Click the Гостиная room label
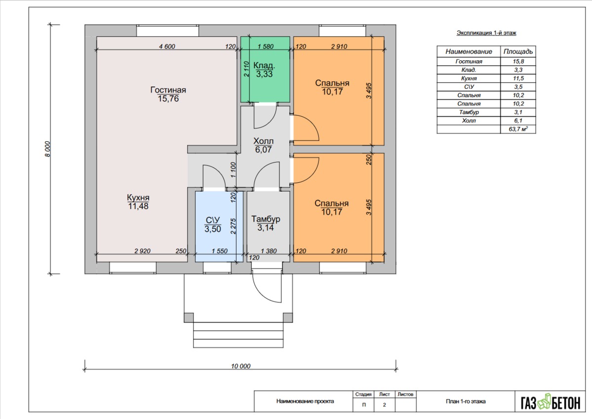click(168, 90)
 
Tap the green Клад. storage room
click(266, 70)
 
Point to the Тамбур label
click(266, 219)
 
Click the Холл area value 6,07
click(263, 150)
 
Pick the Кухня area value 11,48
click(138, 207)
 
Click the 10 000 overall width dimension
click(240, 366)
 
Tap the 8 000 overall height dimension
click(47, 149)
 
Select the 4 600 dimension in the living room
click(167, 46)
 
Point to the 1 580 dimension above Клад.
click(266, 46)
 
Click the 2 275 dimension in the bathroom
click(233, 226)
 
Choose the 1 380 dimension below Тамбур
click(269, 251)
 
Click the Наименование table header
click(469, 51)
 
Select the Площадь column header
click(518, 51)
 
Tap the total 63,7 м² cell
click(518, 129)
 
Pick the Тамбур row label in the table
click(469, 112)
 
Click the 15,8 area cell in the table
click(518, 61)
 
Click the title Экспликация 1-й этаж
click(486, 33)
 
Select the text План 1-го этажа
click(466, 401)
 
